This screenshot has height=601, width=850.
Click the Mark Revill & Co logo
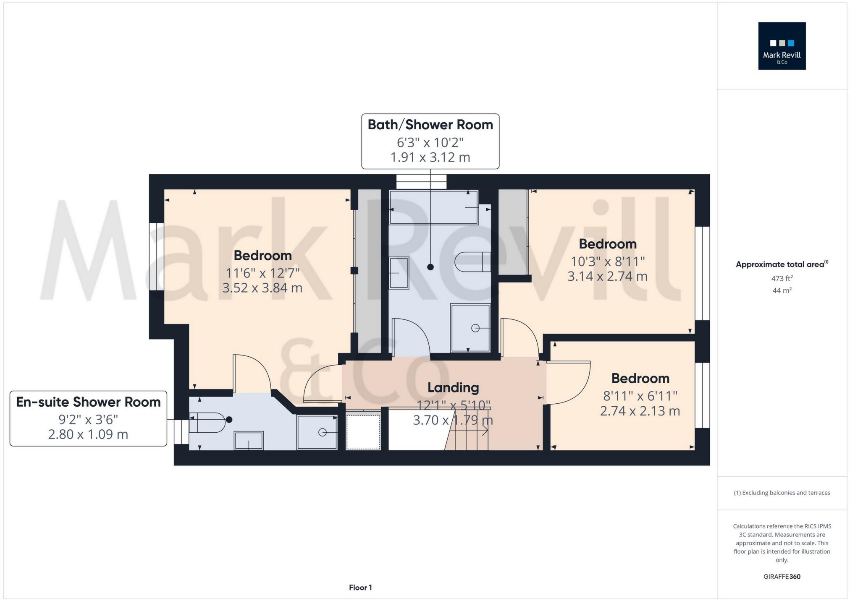pyautogui.click(x=782, y=46)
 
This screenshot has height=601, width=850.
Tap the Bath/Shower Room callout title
pyautogui.click(x=430, y=125)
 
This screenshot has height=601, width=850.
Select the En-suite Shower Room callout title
pyautogui.click(x=88, y=402)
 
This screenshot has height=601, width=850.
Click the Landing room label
pyautogui.click(x=453, y=387)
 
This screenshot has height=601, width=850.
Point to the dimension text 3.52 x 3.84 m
pyautogui.click(x=262, y=288)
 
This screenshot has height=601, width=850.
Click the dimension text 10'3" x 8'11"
pyautogui.click(x=607, y=261)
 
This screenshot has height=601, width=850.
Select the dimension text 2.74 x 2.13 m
pyautogui.click(x=640, y=411)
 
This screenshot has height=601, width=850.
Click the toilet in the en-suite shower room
pyautogui.click(x=207, y=422)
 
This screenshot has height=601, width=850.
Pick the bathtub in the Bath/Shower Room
pyautogui.click(x=433, y=207)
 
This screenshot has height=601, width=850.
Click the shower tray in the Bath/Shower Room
pyautogui.click(x=470, y=328)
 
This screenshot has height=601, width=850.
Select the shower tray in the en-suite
pyautogui.click(x=317, y=432)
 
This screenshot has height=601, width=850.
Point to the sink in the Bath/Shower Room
pyautogui.click(x=399, y=273)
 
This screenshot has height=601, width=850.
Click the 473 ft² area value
pyautogui.click(x=782, y=278)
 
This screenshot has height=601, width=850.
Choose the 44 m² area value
pyautogui.click(x=782, y=290)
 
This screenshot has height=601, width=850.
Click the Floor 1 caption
pyautogui.click(x=360, y=588)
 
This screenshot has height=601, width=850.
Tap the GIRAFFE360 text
pyautogui.click(x=782, y=577)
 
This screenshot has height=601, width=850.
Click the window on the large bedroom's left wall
pyautogui.click(x=156, y=256)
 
